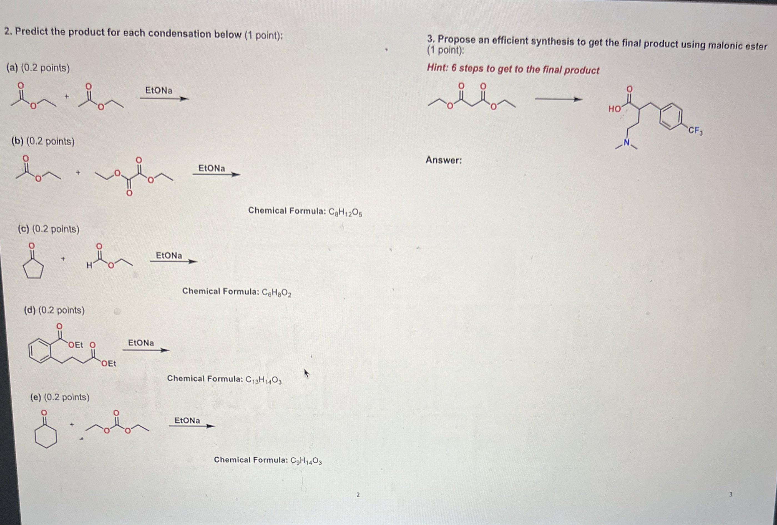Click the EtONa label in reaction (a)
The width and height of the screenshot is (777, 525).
click(159, 90)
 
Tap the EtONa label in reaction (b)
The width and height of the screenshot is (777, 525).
click(212, 168)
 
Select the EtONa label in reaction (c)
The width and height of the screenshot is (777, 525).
click(169, 256)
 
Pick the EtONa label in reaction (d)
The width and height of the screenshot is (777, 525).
click(141, 343)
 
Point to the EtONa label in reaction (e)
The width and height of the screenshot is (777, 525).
click(187, 420)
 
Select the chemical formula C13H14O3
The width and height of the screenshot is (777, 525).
click(264, 380)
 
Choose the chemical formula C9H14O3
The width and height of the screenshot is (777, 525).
click(306, 461)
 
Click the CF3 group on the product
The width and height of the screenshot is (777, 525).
click(695, 131)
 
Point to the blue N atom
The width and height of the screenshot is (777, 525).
click(627, 143)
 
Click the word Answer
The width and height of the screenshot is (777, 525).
click(443, 160)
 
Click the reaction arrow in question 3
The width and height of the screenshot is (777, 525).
click(558, 99)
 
